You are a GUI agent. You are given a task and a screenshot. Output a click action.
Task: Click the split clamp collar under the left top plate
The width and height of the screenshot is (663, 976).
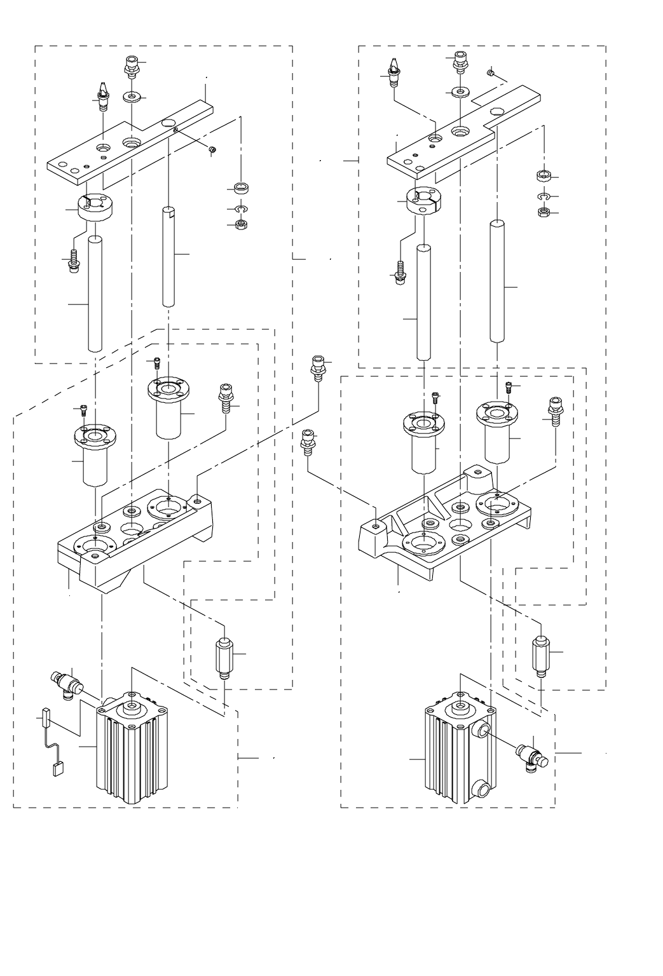(x=93, y=208)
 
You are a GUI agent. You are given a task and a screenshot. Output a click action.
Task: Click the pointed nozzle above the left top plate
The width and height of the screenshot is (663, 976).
(x=102, y=95)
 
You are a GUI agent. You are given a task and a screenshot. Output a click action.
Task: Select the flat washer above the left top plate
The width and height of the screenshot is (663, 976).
(x=132, y=98)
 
